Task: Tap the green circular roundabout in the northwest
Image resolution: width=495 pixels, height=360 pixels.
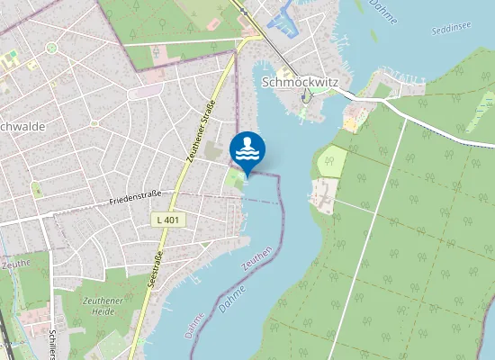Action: (x=51, y=47)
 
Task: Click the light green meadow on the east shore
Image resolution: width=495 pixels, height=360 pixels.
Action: (x=331, y=162)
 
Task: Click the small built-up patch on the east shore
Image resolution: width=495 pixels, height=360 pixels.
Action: (x=321, y=193)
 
